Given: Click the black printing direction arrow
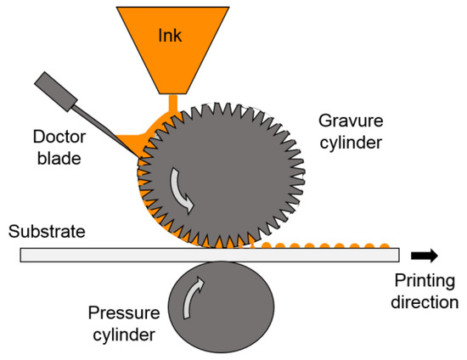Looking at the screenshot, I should pyautogui.click(x=425, y=254).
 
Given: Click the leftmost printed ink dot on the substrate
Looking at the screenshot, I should pyautogui.click(x=266, y=245).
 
